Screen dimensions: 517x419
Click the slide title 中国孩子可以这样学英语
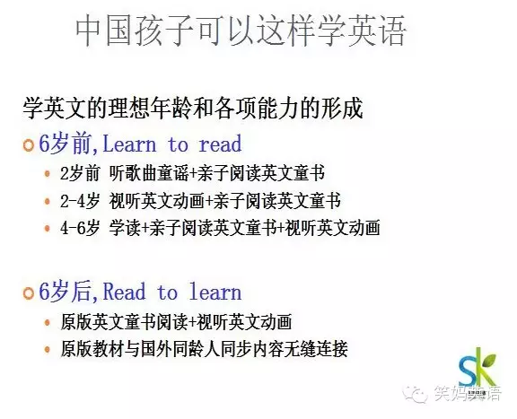[x=241, y=31]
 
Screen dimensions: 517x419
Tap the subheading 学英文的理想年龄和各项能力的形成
[x=193, y=108]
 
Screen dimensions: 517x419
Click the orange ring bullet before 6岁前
[x=29, y=145]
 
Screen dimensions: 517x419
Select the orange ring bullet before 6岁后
[x=29, y=292]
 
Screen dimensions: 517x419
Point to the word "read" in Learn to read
[x=220, y=144]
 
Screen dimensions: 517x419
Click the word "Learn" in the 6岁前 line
[x=129, y=144]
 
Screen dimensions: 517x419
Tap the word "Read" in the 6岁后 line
[x=124, y=292]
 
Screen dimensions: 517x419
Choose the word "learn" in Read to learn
[x=215, y=292]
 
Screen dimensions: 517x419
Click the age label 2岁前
[x=80, y=173]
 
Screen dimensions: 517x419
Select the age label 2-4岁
[x=80, y=201]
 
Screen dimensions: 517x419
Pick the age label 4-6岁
[x=80, y=228]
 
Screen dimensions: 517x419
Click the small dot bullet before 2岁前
[x=48, y=173]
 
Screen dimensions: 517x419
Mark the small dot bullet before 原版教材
[x=48, y=349]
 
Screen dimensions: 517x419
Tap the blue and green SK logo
[x=478, y=368]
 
